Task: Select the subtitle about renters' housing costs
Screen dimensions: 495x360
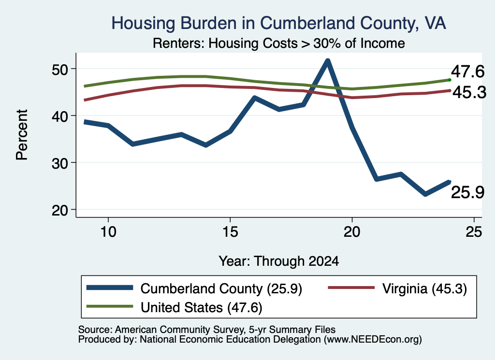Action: (x=279, y=43)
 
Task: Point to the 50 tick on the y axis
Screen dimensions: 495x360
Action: (x=60, y=69)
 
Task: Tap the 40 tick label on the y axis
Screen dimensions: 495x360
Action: (x=60, y=116)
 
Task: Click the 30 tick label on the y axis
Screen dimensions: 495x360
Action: (x=60, y=163)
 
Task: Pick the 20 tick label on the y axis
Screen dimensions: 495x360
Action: (x=60, y=210)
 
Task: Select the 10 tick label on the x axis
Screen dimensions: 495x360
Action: (x=108, y=232)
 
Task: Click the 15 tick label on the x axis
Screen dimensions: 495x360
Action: (x=230, y=232)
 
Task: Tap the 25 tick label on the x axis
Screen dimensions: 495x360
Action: (x=474, y=232)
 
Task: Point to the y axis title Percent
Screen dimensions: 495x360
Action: (x=22, y=135)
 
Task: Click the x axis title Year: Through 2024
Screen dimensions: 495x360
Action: (x=279, y=261)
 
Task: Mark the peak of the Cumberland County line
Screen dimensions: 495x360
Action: (x=328, y=60)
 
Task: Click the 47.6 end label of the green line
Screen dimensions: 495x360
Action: (x=467, y=72)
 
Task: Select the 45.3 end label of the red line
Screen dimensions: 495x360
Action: (x=469, y=92)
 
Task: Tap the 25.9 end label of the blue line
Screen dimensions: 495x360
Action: (x=467, y=192)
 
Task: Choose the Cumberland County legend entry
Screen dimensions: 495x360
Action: (x=194, y=288)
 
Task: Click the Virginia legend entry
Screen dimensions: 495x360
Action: (x=397, y=288)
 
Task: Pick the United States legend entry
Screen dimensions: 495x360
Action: (x=174, y=307)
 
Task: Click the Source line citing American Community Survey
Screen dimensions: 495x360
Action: (x=207, y=330)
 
